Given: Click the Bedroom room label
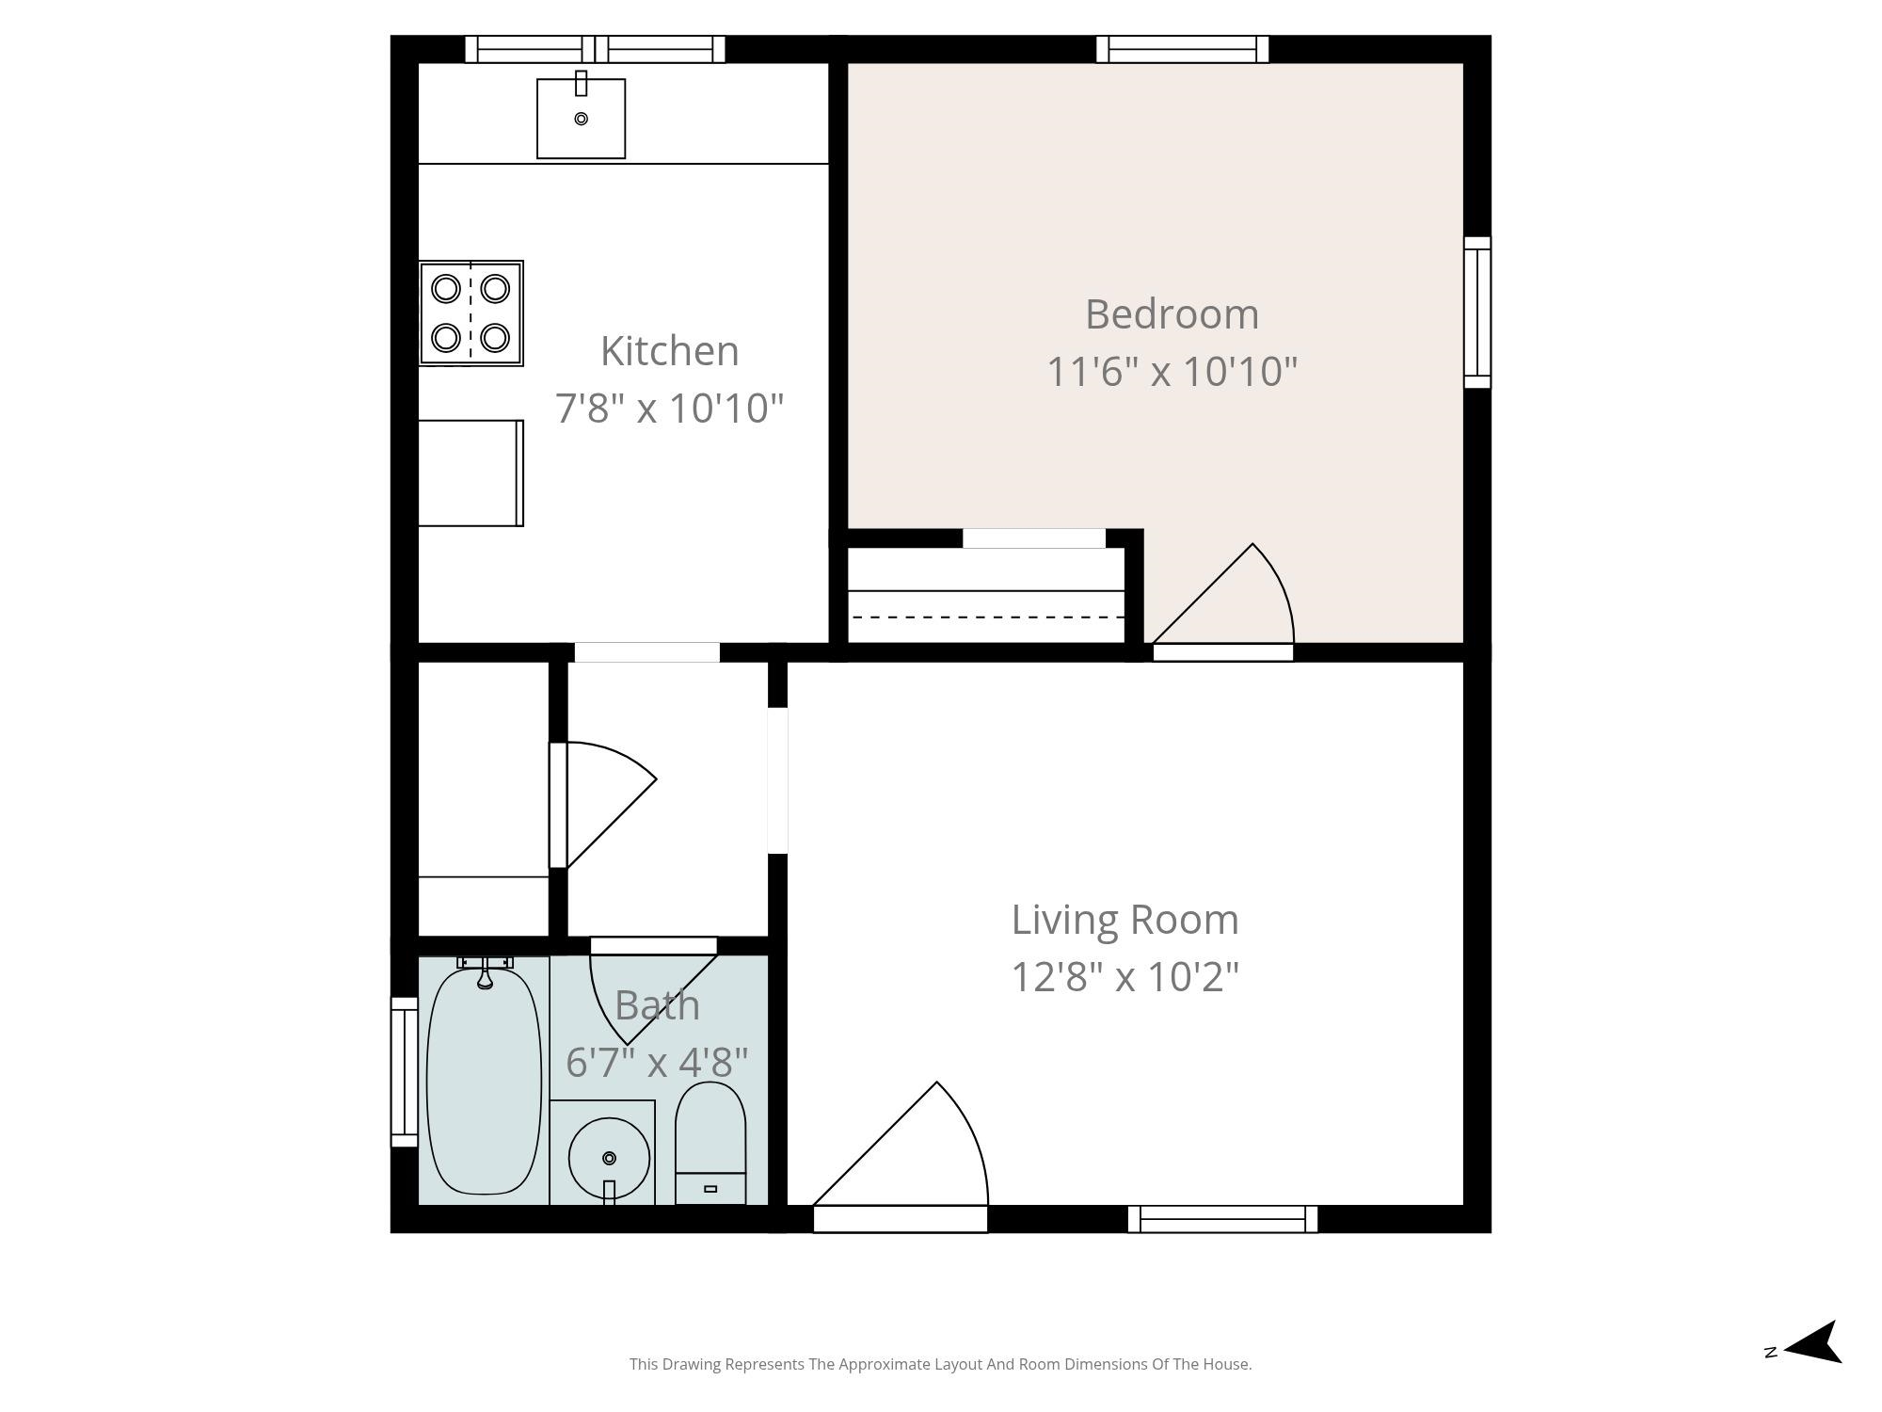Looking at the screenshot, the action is point(1172,314).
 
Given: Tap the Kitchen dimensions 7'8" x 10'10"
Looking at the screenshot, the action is point(669,409).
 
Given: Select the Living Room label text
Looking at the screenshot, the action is point(1124,920).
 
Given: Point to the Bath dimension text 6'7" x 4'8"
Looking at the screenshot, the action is point(657,1063).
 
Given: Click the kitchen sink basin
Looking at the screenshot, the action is point(581,119).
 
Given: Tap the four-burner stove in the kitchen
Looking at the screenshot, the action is point(470,313).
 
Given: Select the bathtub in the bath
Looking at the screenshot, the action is point(484,1081).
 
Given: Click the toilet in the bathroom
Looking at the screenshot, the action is point(710,1143).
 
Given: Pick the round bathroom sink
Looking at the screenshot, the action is point(609,1158).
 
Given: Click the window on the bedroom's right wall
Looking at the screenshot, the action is point(1477,313).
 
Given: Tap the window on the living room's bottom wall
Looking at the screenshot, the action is point(1222,1219).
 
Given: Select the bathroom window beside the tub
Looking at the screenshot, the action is point(405,1072).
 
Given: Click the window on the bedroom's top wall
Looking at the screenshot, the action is point(1182,49).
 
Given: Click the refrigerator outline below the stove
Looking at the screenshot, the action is point(470,473).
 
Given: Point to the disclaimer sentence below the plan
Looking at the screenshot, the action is point(940,1364).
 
